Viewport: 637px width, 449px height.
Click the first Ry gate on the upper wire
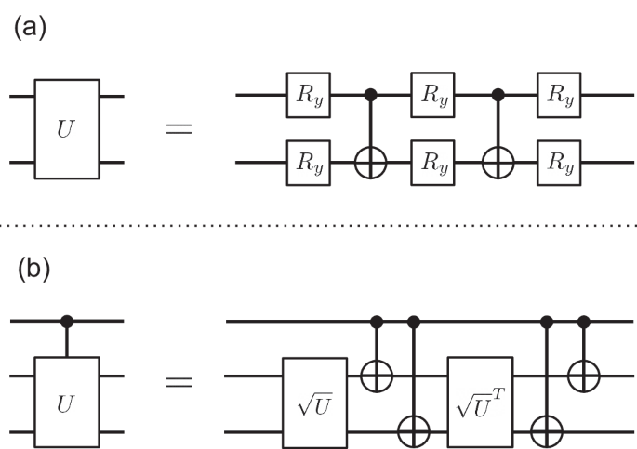coord(308,96)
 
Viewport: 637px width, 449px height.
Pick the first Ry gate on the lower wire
coord(308,164)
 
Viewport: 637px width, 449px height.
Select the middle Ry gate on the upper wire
coord(433,96)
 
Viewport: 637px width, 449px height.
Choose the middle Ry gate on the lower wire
coord(433,164)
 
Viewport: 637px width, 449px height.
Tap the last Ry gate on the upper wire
coord(559,96)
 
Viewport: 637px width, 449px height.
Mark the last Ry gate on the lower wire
coord(559,164)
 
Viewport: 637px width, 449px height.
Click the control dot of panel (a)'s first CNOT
coord(371,95)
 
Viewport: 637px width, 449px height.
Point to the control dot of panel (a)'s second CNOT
coord(497,95)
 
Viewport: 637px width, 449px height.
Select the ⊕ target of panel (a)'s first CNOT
coord(371,164)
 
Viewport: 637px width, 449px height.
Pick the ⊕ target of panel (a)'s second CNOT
coord(497,164)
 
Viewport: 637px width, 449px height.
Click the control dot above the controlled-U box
coord(67,322)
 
